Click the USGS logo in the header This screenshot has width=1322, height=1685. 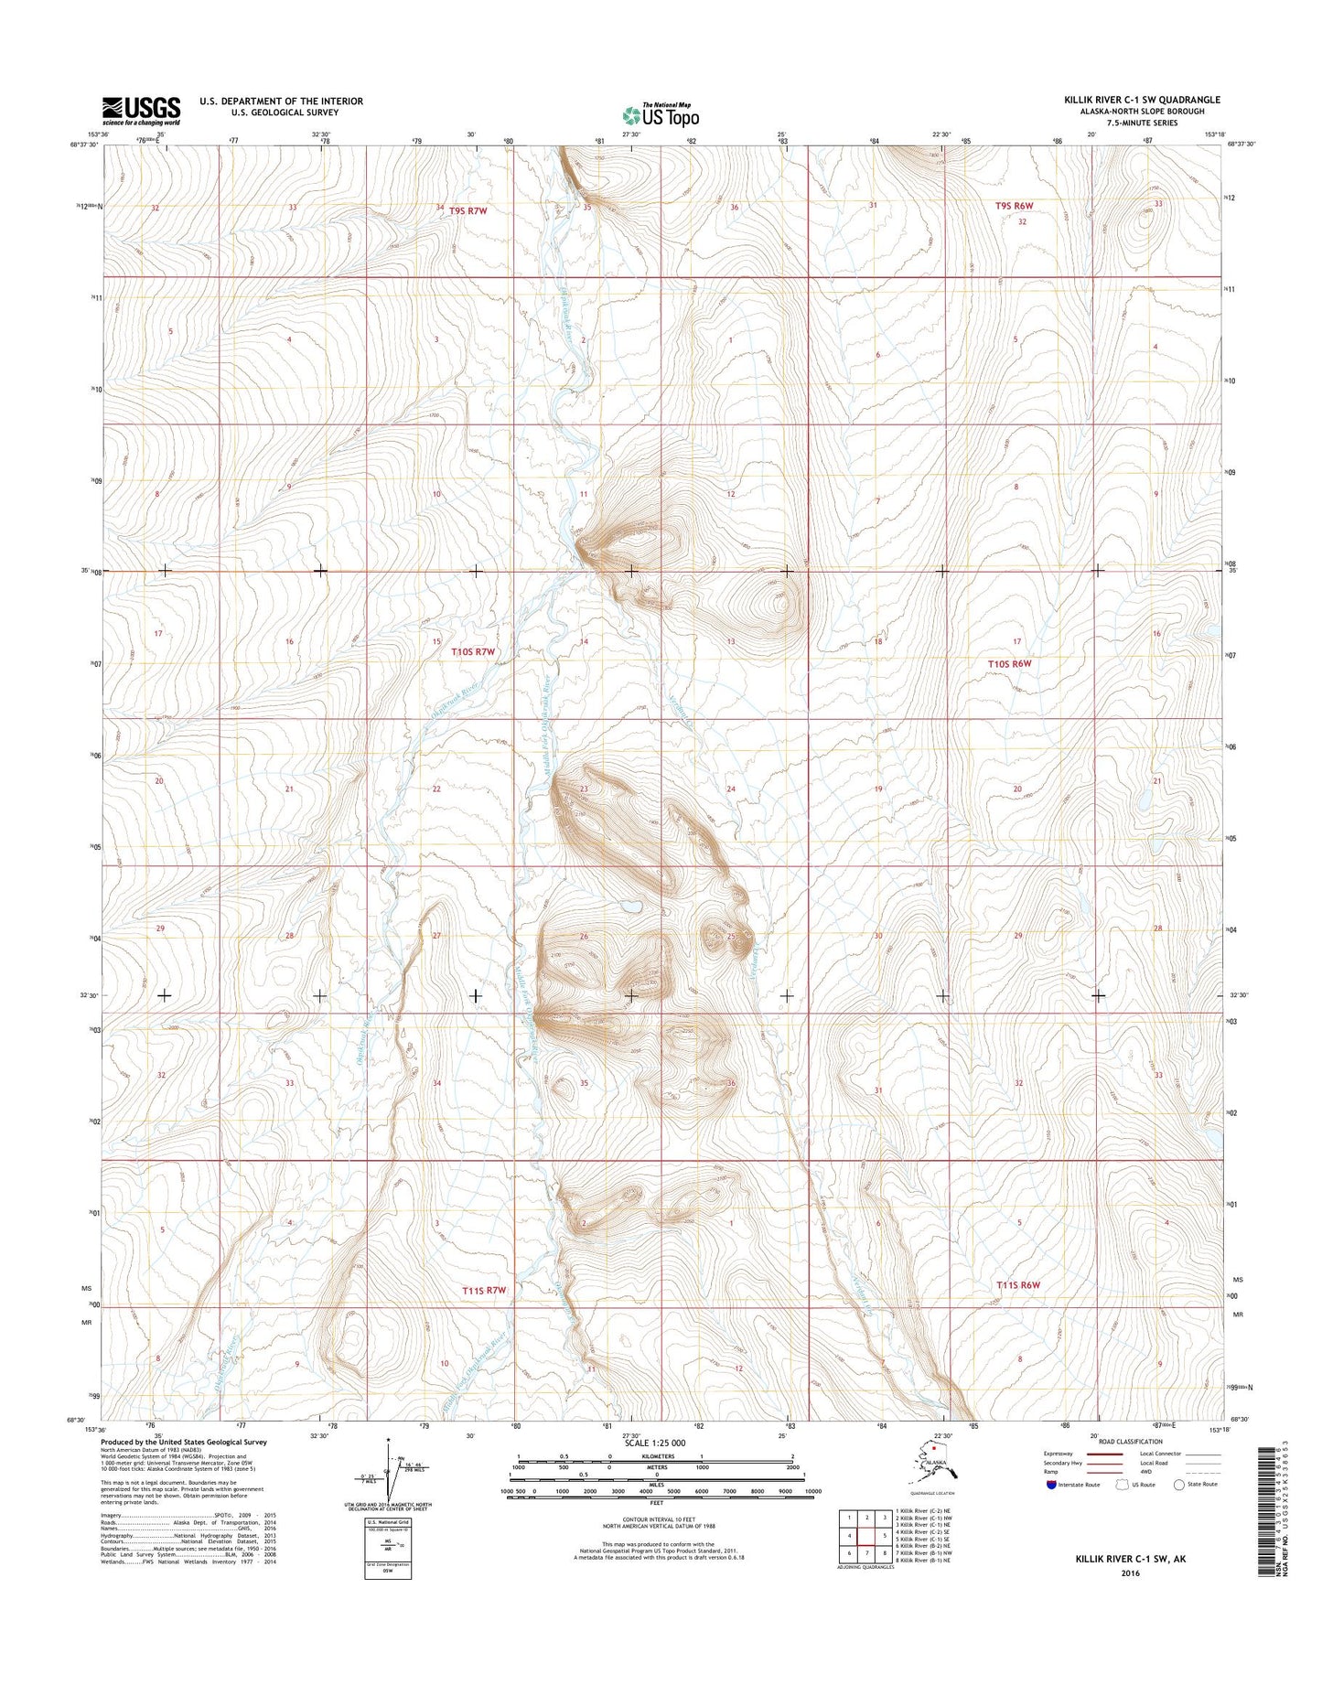tap(141, 111)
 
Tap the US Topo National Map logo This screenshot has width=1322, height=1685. tap(661, 114)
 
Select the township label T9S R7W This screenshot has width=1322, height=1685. tap(468, 211)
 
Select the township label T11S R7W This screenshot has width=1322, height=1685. tap(484, 1291)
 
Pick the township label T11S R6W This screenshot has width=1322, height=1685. tap(1018, 1285)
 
